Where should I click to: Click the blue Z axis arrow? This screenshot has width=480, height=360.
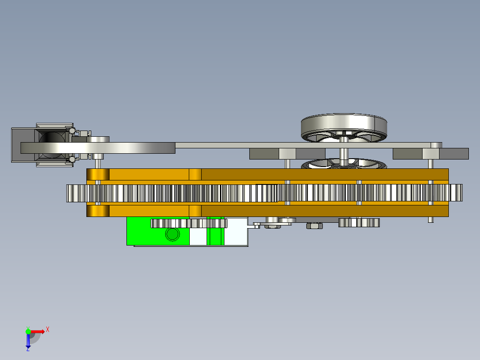tap(28, 340)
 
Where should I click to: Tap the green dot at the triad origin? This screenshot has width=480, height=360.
tap(28, 331)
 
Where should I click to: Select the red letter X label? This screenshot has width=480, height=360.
tap(47, 329)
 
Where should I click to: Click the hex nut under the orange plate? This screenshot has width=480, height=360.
tap(314, 226)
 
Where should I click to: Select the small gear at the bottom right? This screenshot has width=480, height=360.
tap(358, 222)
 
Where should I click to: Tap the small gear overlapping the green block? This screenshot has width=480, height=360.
tap(189, 223)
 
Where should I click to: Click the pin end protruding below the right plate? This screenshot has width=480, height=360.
tap(431, 220)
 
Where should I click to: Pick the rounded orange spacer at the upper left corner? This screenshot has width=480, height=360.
tap(98, 174)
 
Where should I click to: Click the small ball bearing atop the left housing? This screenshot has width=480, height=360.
tap(72, 130)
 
